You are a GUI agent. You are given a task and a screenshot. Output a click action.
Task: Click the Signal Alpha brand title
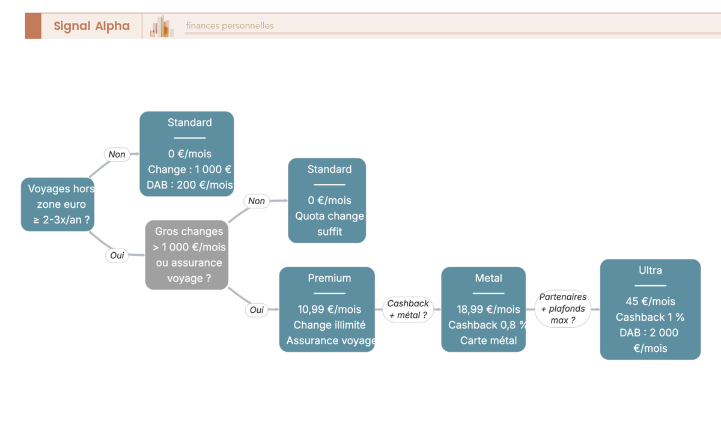coord(92,26)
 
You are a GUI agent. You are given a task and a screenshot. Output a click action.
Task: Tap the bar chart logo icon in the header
coord(162,26)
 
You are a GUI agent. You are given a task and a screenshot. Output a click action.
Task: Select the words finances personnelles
coord(230,26)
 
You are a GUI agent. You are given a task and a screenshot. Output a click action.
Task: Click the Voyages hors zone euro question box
coord(58,204)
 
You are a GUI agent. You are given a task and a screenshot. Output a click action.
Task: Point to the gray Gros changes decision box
coord(187,255)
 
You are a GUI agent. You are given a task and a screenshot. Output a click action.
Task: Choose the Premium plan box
coord(327,309)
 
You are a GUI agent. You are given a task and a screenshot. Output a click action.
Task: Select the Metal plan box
coord(484,309)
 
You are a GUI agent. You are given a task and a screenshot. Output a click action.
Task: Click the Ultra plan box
coord(650,309)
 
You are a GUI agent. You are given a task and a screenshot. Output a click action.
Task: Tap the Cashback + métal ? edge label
coord(408,309)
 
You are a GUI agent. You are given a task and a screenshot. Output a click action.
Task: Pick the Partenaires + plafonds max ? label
coord(562,309)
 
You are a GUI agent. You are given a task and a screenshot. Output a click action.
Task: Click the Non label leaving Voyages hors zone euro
coord(117,154)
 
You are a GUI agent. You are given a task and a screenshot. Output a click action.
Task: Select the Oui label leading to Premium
coord(257,310)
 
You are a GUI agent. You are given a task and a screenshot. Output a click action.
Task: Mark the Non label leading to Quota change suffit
coord(257,201)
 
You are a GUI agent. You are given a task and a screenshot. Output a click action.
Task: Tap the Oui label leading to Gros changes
coord(117,255)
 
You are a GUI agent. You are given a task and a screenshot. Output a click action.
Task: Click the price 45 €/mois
coord(650,301)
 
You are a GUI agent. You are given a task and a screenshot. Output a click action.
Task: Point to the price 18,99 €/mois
coord(488,309)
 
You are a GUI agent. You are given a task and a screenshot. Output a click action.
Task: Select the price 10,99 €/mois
coord(329,309)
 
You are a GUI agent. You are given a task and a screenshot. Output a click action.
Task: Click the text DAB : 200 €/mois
coord(190,185)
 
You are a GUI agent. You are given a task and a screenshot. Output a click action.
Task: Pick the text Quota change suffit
coord(329,223)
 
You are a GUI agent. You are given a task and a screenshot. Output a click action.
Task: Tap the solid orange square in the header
coord(33,26)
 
